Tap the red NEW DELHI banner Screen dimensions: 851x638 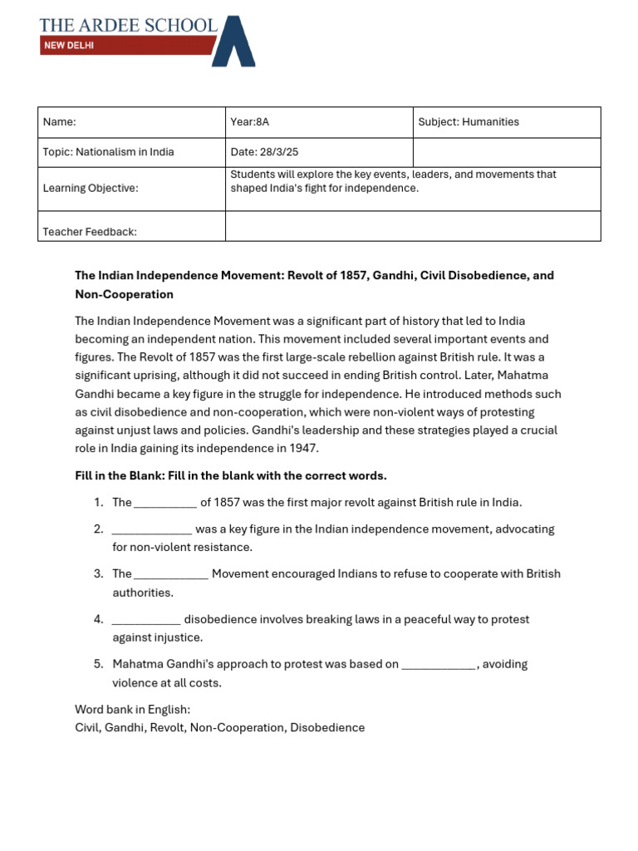click(125, 46)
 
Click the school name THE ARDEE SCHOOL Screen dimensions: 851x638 click(128, 25)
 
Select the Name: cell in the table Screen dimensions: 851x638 click(131, 122)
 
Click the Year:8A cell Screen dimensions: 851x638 click(319, 122)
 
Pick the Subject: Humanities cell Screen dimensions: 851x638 click(507, 122)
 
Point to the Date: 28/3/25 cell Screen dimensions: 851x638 click(319, 152)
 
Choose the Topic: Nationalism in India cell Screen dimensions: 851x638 click(131, 152)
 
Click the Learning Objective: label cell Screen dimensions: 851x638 click(131, 189)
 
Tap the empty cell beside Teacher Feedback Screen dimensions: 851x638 click(413, 226)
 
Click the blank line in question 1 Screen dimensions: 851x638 click(165, 504)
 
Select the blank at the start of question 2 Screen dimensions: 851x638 click(151, 530)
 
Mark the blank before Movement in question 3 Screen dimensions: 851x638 click(171, 575)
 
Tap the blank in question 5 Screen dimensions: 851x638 click(439, 666)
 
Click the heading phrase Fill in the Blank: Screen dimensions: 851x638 click(124, 476)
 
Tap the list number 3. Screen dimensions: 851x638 click(98, 574)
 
